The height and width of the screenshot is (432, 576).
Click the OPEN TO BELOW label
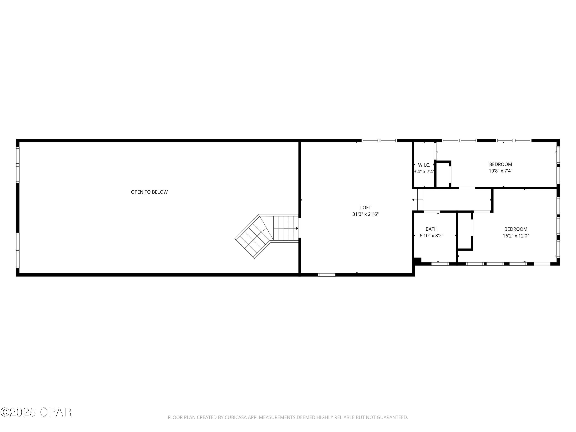tap(149, 192)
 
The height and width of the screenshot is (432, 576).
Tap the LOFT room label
tap(365, 208)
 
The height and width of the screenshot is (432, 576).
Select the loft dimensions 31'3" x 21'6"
tap(365, 214)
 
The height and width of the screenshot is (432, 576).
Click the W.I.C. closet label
tap(424, 165)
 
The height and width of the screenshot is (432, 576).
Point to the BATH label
tap(431, 229)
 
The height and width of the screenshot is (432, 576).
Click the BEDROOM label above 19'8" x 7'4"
tap(501, 164)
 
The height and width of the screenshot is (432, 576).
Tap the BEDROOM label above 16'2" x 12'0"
tap(516, 229)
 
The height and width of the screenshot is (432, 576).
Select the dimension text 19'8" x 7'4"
tap(501, 171)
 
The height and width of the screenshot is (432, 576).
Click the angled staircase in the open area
tap(267, 236)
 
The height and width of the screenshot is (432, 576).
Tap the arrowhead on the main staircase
tap(297, 228)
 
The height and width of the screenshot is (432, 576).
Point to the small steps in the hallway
tap(417, 199)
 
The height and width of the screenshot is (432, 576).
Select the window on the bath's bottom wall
tap(440, 264)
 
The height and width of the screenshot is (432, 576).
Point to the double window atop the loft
tap(379, 141)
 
